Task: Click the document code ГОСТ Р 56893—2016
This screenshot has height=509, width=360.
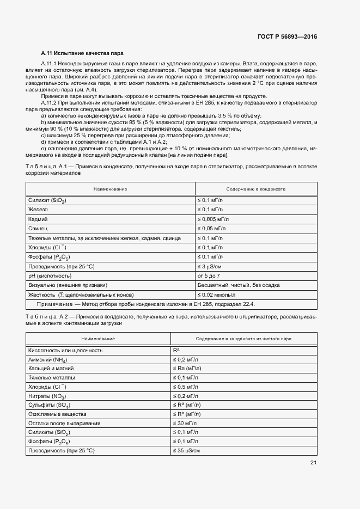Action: click(286, 36)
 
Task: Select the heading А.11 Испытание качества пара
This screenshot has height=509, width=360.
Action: click(82, 53)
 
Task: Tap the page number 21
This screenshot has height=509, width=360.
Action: click(313, 463)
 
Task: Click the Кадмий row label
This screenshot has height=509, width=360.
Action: click(38, 219)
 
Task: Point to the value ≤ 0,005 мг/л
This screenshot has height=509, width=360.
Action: click(214, 219)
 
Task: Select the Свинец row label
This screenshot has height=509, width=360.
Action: click(38, 229)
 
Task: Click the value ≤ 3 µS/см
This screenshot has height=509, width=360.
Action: click(210, 266)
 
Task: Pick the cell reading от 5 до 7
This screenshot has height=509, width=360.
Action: click(209, 276)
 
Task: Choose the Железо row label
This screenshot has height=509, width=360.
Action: click(38, 210)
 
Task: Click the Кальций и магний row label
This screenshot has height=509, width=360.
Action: click(51, 369)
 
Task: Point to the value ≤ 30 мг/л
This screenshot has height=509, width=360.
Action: click(186, 423)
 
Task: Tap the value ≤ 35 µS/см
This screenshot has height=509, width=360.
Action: click(187, 451)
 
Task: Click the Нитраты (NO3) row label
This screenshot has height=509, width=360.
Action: click(47, 396)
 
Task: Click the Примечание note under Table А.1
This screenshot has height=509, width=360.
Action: click(145, 304)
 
